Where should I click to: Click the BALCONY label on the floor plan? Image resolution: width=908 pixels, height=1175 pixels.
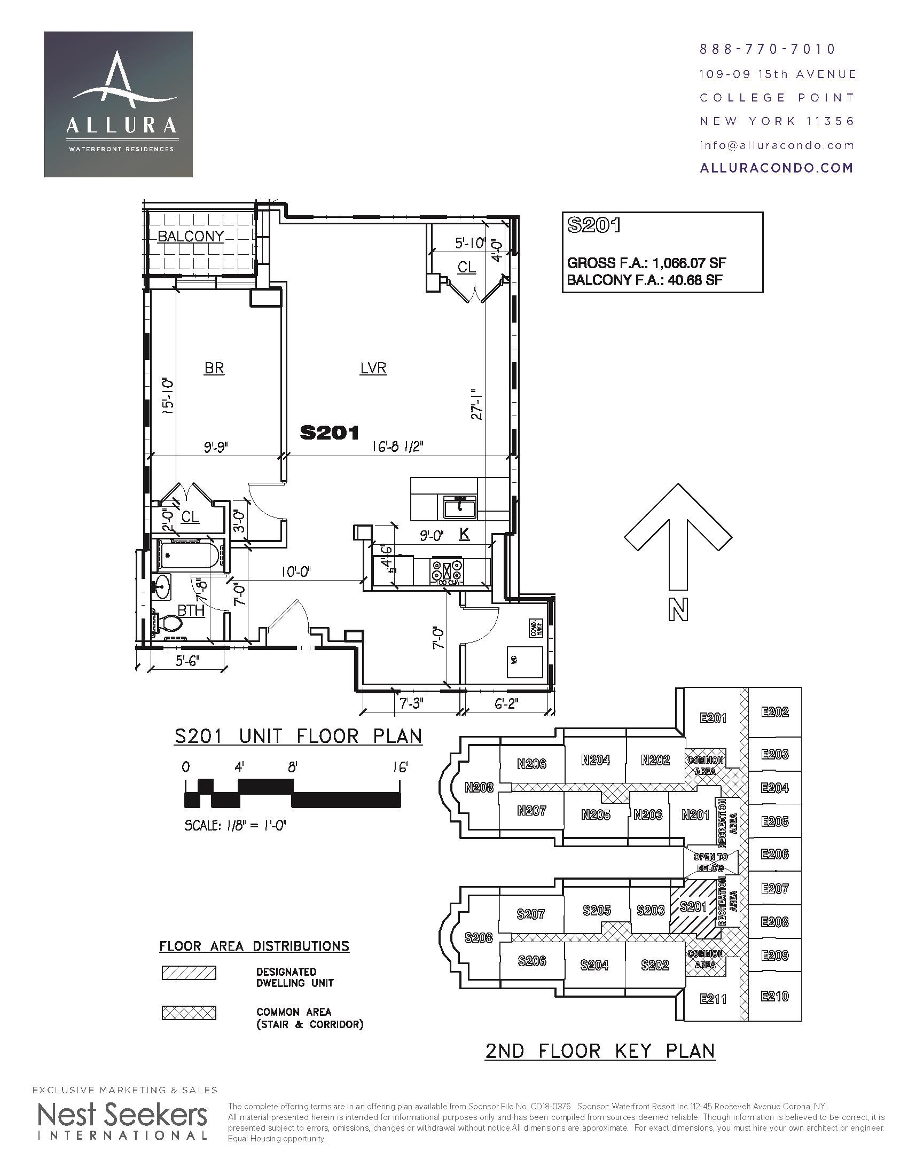[x=191, y=237]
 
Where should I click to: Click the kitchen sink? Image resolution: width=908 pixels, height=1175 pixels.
[x=460, y=507]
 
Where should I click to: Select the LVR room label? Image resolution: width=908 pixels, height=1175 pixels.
[x=373, y=369]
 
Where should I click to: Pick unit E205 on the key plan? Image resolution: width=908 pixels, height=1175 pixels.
[x=774, y=822]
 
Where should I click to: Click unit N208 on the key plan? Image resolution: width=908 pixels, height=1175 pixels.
[x=479, y=788]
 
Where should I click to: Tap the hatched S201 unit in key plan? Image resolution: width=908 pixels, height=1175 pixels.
[x=693, y=907]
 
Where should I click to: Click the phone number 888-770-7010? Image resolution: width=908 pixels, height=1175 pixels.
[x=768, y=50]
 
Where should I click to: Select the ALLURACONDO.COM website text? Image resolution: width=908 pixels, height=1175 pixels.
[x=776, y=168]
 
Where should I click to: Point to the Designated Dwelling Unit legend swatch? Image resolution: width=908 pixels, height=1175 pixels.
[x=189, y=973]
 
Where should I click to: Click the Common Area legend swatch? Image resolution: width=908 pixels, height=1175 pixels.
[x=189, y=1013]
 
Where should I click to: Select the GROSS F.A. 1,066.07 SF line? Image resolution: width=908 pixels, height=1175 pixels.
[x=647, y=263]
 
